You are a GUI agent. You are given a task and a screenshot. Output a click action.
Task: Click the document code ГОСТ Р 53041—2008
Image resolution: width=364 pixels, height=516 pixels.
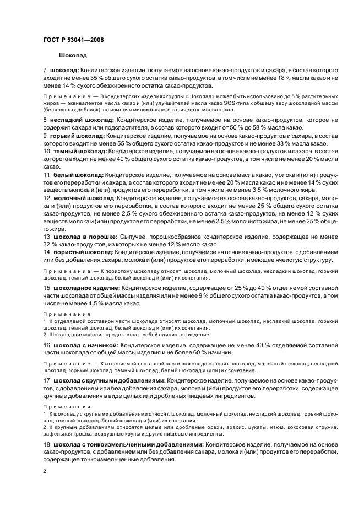point(73,40)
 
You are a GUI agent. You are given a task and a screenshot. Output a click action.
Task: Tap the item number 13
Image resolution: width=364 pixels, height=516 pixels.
point(46,236)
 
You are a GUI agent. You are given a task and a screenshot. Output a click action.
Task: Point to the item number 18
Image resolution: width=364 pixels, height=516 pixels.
point(46,444)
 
